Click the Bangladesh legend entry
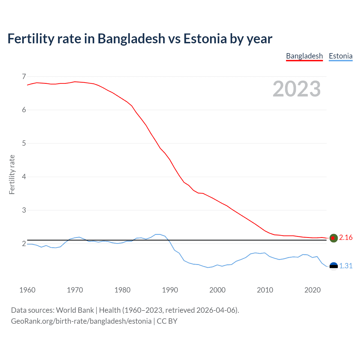(x=304, y=56)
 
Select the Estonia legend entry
(x=341, y=56)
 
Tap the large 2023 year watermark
(x=297, y=89)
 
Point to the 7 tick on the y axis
(x=24, y=76)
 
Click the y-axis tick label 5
(x=24, y=143)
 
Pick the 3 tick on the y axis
(x=24, y=210)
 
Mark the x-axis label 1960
(x=27, y=290)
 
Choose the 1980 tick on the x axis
(x=122, y=290)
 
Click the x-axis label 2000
(x=217, y=290)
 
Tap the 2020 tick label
(x=312, y=290)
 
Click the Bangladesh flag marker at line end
(x=334, y=238)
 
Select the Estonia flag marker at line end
(x=334, y=266)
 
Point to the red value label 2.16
(x=346, y=238)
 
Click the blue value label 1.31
(x=346, y=266)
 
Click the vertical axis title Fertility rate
(x=12, y=174)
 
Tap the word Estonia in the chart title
(x=205, y=39)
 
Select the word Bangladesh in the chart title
(x=131, y=39)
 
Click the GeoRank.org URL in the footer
(x=81, y=321)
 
